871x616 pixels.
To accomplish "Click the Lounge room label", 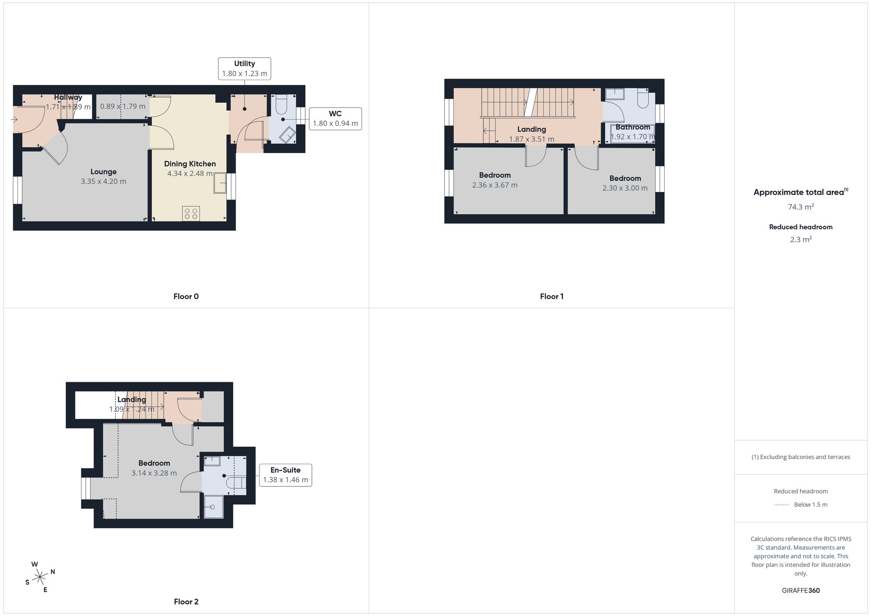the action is tap(103, 172).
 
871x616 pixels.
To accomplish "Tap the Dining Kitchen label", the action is tap(190, 164).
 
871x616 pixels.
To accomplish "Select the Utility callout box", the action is tap(244, 68).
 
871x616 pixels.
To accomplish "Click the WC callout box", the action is tap(335, 118).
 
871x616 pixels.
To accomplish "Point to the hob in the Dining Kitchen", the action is tap(191, 214).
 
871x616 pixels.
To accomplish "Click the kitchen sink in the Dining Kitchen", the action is tap(220, 183).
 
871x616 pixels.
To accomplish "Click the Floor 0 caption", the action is tap(186, 296).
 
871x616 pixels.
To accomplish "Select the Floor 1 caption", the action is tap(552, 296).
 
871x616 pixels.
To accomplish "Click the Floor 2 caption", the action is tap(186, 602).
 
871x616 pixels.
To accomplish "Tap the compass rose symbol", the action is tap(40, 577).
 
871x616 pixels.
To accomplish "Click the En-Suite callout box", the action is tap(286, 475).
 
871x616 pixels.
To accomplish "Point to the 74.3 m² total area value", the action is tap(801, 207).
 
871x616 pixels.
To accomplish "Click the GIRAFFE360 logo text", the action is tap(801, 590).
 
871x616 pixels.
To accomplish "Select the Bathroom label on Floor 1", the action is tap(633, 127).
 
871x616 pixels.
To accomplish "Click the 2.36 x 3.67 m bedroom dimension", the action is tap(495, 185).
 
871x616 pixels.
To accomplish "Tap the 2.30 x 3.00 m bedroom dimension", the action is tap(625, 188).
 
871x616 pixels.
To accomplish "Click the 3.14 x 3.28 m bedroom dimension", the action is tap(154, 473).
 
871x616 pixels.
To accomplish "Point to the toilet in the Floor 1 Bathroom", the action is tap(643, 99).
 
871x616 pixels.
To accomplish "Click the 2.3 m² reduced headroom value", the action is tap(801, 239).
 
